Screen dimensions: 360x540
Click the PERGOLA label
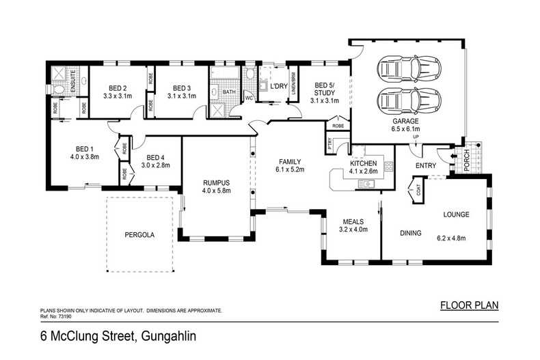[139, 234]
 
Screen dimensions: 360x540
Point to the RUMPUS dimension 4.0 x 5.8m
[217, 191]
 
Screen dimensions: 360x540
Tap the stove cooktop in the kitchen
[388, 166]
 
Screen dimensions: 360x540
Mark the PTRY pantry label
[330, 145]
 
